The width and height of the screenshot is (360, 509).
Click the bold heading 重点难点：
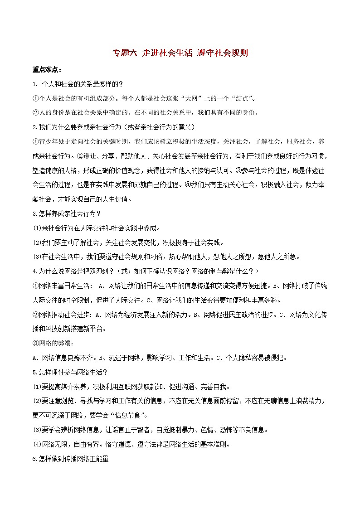[x=48, y=69]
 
